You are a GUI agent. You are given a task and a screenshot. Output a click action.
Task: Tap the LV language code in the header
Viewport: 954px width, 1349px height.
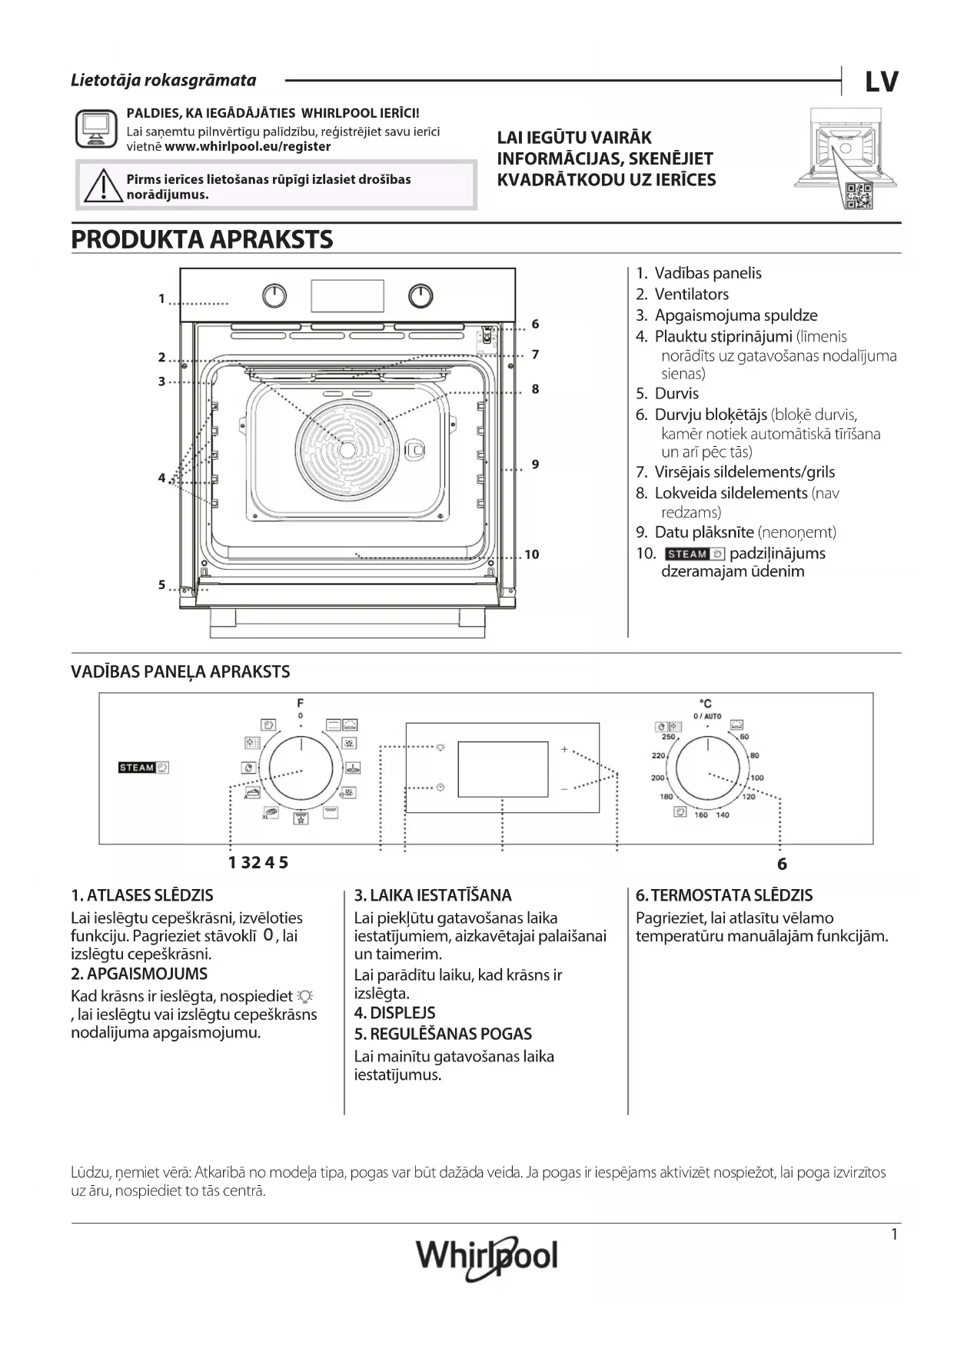[881, 82]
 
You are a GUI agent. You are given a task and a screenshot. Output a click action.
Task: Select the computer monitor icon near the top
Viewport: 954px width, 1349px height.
[97, 128]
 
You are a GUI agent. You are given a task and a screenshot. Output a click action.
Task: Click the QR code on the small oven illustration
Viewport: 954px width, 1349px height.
[858, 195]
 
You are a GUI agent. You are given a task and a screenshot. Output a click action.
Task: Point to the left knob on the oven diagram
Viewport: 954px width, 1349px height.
[274, 295]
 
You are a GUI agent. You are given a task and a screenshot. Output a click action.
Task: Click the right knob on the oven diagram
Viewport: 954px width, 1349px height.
[420, 295]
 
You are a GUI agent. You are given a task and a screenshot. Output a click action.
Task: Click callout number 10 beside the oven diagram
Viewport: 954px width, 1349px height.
[531, 555]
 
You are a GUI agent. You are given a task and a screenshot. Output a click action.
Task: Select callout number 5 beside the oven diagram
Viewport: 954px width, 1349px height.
[162, 585]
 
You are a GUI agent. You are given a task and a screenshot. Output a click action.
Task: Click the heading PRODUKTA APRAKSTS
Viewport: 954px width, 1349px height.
[202, 239]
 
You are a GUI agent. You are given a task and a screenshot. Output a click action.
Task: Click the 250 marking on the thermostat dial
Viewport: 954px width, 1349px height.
[668, 737]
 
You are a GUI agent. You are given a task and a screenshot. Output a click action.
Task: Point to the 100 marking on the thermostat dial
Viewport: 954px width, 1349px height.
[757, 778]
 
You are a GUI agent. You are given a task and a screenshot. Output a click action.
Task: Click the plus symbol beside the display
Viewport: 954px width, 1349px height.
[563, 748]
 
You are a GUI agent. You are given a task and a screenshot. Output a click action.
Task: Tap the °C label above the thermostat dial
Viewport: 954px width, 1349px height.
[705, 703]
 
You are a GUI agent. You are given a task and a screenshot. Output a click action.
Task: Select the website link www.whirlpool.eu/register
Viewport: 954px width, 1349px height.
[248, 146]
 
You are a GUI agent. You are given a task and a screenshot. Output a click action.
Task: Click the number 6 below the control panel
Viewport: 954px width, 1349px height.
[782, 864]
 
